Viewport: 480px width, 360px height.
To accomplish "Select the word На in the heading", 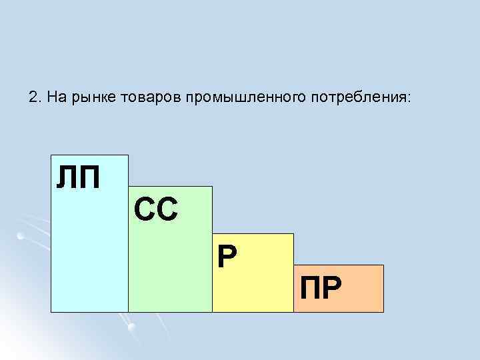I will [x=56, y=97].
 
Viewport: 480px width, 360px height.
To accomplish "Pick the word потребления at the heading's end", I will [x=361, y=98].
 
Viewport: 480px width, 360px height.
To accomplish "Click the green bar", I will [x=170, y=267].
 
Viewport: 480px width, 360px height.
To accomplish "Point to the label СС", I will [x=156, y=210].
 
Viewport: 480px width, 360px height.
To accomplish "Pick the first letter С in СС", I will [x=144, y=210].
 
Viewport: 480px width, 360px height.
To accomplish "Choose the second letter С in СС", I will [x=167, y=210].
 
